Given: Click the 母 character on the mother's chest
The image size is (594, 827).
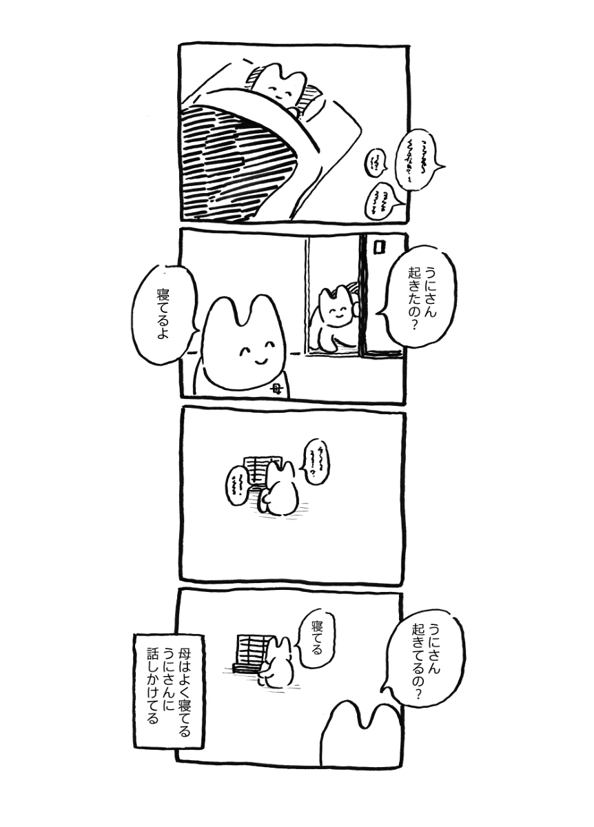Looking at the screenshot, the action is tap(276, 389).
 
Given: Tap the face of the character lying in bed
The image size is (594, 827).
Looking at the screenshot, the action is tap(280, 91).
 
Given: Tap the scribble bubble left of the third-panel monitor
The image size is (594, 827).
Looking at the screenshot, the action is tap(238, 482).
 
